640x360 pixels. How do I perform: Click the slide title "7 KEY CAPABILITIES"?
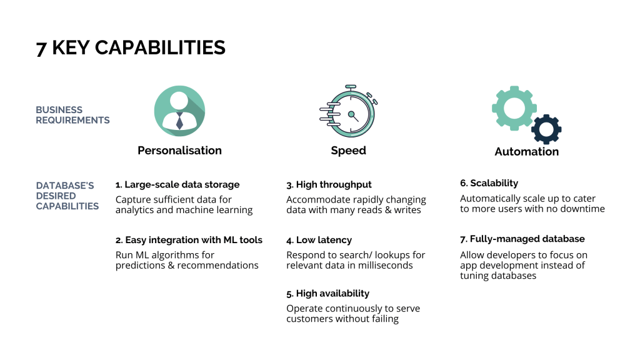(x=131, y=47)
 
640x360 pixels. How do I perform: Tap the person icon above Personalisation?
(x=179, y=111)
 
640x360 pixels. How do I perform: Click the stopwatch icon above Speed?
(x=348, y=111)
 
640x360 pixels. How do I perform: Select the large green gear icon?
(x=514, y=108)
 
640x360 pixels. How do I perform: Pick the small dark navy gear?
(x=546, y=129)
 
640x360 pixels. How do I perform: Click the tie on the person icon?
(x=179, y=121)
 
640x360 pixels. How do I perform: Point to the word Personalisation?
(x=179, y=151)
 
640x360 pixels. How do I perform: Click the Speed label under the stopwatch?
(x=349, y=151)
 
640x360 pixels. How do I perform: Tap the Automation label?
(x=526, y=151)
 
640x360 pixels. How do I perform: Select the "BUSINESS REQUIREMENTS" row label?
(x=72, y=115)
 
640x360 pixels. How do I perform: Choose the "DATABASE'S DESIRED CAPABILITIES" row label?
(x=67, y=196)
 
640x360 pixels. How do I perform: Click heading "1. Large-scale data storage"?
(x=177, y=184)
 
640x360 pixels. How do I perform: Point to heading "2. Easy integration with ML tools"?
(x=189, y=240)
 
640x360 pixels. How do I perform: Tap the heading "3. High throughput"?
(x=329, y=184)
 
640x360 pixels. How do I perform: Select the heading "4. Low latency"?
(x=319, y=240)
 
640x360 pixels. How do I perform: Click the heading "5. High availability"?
(x=327, y=294)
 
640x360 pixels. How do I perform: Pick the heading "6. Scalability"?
(x=489, y=183)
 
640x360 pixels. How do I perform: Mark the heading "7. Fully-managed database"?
(x=522, y=239)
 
